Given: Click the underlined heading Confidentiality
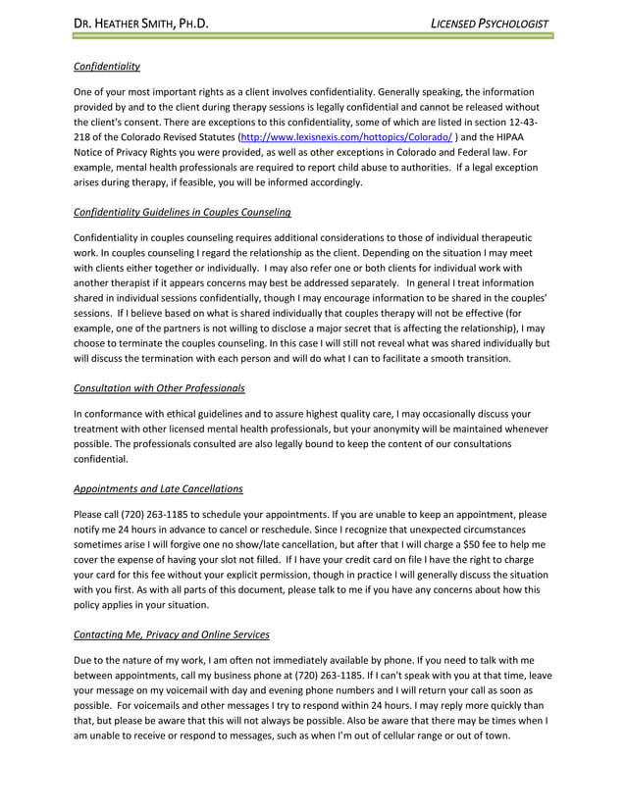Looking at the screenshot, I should tap(107, 67).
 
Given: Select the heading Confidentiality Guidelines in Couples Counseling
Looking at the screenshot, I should tap(182, 212).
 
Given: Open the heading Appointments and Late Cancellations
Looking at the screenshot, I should tap(159, 488).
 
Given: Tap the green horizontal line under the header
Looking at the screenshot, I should tap(313, 36).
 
